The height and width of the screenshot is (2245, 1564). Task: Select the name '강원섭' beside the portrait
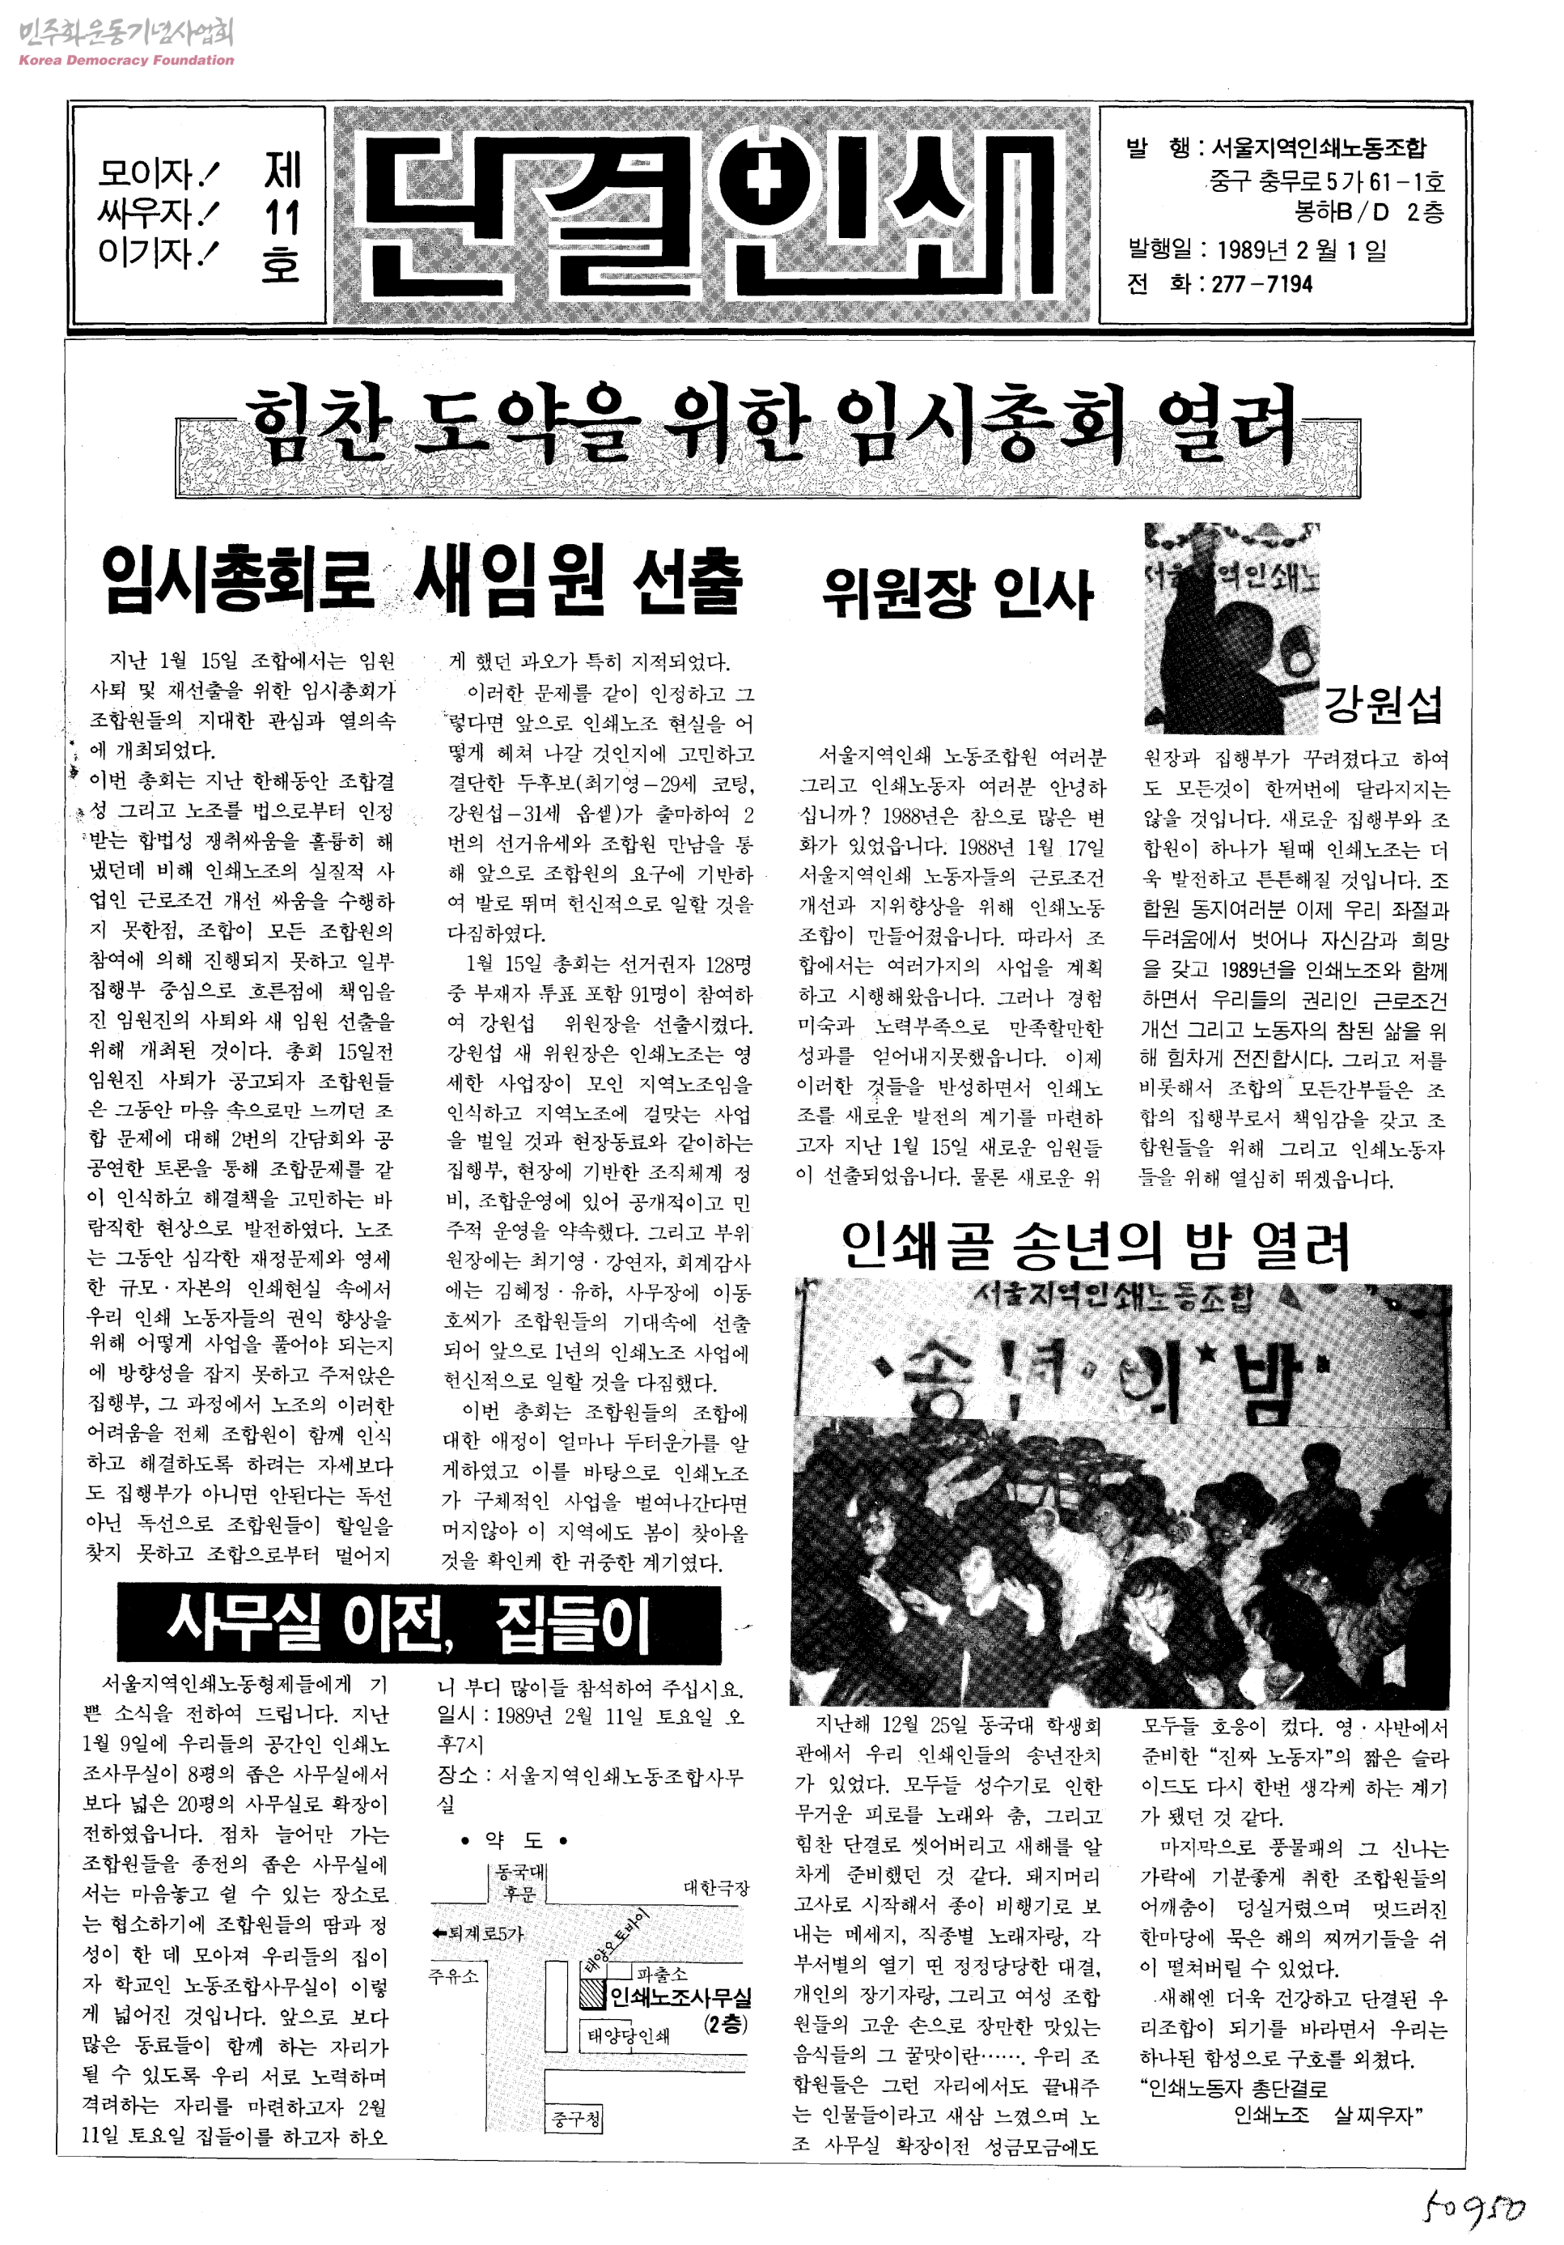click(1382, 704)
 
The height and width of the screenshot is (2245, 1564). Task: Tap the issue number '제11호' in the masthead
click(282, 217)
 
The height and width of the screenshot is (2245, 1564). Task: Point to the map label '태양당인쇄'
click(629, 2037)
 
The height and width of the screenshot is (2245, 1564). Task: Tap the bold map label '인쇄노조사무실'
click(680, 1996)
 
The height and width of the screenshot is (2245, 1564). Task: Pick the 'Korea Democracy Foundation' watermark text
click(126, 60)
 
